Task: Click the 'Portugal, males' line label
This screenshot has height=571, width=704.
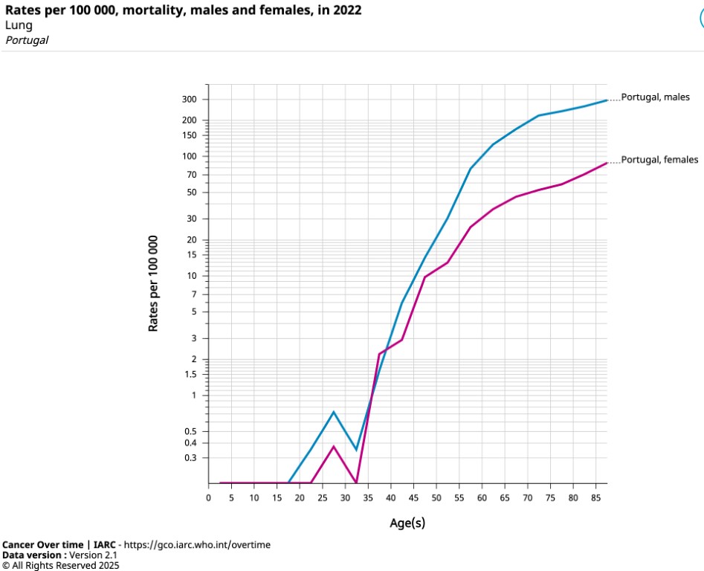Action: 655,97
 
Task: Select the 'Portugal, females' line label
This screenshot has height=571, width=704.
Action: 659,160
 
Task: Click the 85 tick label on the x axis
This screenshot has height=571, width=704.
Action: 596,497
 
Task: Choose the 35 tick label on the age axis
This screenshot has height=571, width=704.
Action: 368,497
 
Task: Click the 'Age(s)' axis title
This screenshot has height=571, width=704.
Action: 407,523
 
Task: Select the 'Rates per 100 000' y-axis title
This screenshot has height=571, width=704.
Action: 154,283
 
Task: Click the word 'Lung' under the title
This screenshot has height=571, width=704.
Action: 19,25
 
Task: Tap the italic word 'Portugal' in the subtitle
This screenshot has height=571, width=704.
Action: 27,40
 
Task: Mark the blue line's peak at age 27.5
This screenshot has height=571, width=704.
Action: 334,412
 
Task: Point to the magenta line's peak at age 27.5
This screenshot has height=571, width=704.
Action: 334,446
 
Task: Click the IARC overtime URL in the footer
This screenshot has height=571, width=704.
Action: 197,545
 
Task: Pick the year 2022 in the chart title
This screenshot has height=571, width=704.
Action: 349,10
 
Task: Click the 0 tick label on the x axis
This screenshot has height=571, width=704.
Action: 209,497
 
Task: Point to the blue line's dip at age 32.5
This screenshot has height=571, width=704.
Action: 357,450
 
